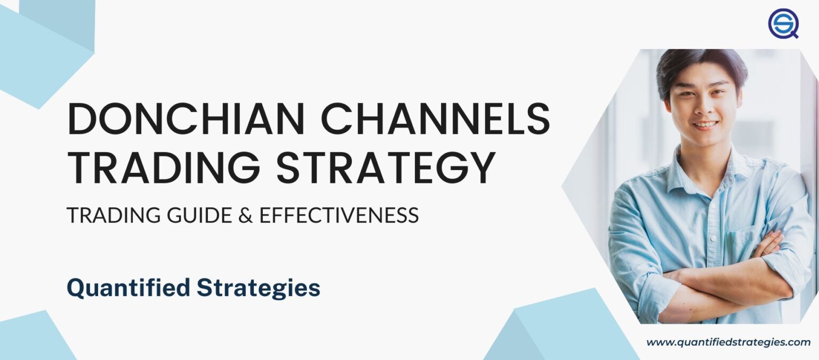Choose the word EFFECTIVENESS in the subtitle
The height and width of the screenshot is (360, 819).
tap(339, 215)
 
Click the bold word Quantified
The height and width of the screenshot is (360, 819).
tap(128, 288)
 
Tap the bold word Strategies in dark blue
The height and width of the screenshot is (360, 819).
tap(258, 288)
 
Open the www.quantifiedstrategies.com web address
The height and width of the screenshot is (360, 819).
tap(728, 342)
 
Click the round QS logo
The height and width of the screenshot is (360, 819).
tap(783, 23)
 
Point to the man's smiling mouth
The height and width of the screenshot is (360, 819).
tap(706, 125)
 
